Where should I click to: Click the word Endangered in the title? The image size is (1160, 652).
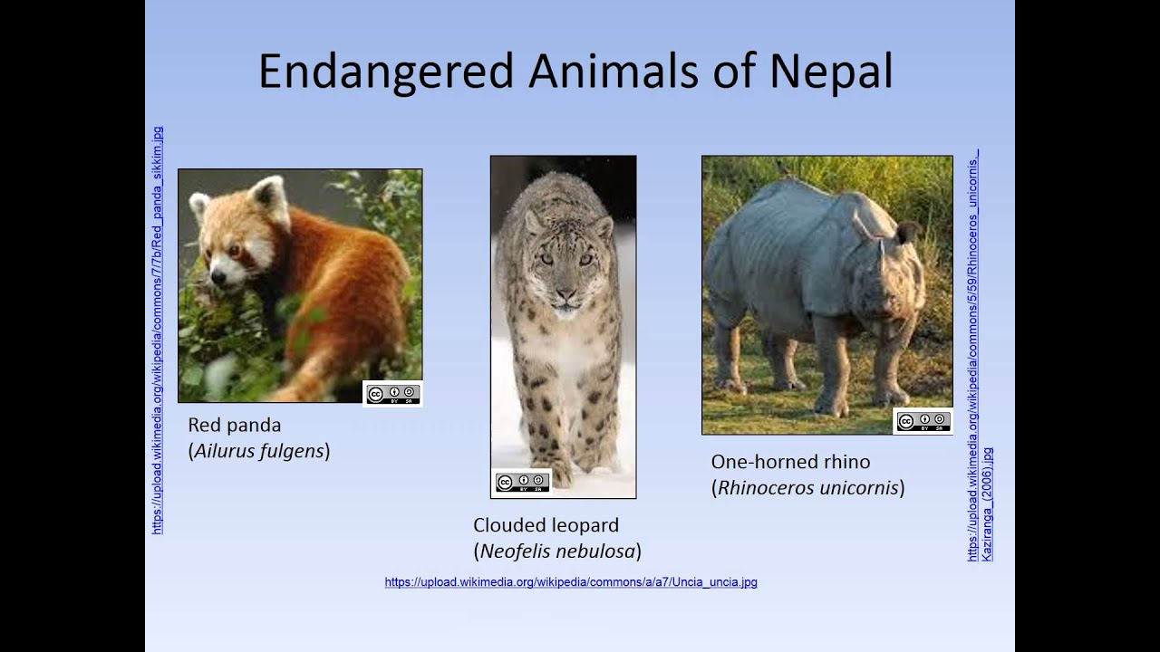coord(386,72)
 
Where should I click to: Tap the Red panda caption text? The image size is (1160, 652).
coord(234,425)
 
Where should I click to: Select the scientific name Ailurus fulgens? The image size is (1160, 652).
coord(259,451)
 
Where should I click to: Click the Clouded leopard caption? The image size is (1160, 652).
coord(546,525)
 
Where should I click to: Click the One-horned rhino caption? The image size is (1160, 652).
coord(790,462)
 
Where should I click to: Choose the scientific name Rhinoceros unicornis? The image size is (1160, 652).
coord(807,488)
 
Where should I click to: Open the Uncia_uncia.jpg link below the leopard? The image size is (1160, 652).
coord(571,582)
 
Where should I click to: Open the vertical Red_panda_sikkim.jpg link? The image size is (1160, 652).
coord(158,331)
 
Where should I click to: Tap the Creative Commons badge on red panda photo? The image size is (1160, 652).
coord(392,394)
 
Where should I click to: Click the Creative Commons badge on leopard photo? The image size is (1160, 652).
coord(522,483)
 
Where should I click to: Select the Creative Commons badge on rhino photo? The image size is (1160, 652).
coord(923,421)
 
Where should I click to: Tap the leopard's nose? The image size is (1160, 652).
coord(565,294)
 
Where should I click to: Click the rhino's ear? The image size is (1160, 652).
coord(907,233)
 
